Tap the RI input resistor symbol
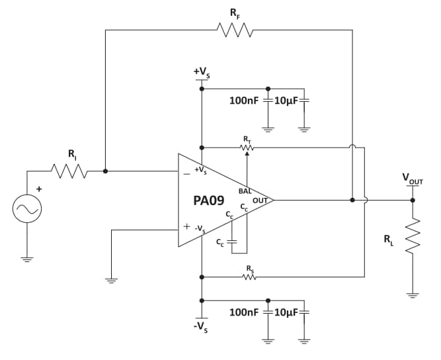70,171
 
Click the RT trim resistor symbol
247,147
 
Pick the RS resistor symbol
249,276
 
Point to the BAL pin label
245,190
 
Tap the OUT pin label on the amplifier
260,199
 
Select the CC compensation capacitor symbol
231,242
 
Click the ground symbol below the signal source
27,259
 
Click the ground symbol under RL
413,295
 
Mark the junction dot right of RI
106,171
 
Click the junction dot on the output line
352,199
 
